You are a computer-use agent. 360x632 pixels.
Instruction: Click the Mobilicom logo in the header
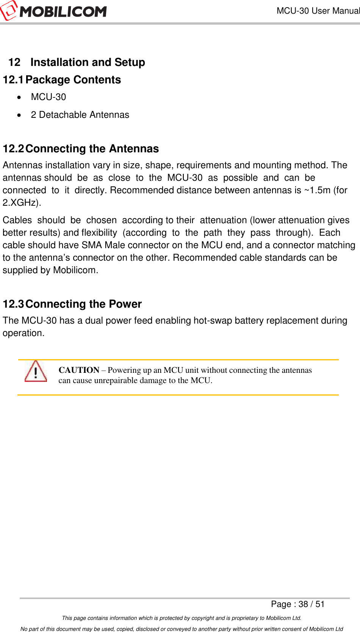tap(54, 11)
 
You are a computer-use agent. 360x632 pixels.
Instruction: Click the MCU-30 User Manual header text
tap(318, 11)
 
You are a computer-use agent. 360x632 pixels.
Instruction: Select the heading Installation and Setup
tap(88, 62)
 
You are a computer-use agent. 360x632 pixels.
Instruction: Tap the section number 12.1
tap(13, 80)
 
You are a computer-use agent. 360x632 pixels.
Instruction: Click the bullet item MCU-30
tap(49, 97)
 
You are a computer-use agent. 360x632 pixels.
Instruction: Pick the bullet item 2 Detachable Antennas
tap(80, 115)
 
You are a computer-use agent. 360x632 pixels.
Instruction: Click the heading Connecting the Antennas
tap(92, 149)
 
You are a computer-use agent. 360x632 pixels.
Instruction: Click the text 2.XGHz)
tap(22, 203)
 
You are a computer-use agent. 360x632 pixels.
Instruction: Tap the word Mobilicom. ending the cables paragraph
tap(75, 270)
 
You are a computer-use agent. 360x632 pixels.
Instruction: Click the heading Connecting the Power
tap(83, 304)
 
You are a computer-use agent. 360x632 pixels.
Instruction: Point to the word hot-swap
tap(213, 321)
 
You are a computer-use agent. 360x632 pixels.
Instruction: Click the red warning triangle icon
tap(36, 371)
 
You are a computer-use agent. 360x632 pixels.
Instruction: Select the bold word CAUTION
tap(79, 370)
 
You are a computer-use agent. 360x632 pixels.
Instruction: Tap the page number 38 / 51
tap(311, 604)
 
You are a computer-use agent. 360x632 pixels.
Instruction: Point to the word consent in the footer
tap(289, 629)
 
